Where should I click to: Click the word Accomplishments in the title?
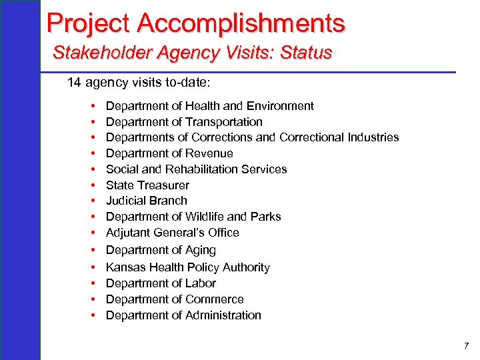pyautogui.click(x=241, y=23)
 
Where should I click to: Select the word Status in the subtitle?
pyautogui.click(x=307, y=52)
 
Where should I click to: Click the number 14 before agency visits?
pyautogui.click(x=74, y=83)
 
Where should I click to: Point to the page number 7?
pyautogui.click(x=466, y=347)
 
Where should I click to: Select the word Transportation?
pyautogui.click(x=224, y=122)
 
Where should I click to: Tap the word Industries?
pyautogui.click(x=373, y=137)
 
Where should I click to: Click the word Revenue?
pyautogui.click(x=209, y=153)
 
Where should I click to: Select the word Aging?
pyautogui.click(x=200, y=250)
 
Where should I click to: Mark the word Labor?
pyautogui.click(x=201, y=283)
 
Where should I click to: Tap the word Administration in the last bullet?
pyautogui.click(x=223, y=315)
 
